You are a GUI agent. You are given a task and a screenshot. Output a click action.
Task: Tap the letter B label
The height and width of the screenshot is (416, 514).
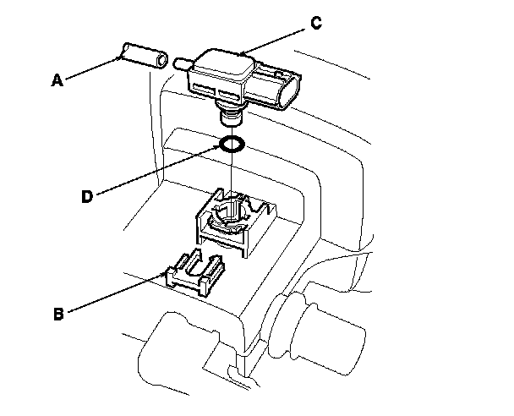point(58,315)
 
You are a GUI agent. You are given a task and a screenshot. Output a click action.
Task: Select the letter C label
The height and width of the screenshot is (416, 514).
point(316,23)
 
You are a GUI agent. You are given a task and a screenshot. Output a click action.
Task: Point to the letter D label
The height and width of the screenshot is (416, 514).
point(86,196)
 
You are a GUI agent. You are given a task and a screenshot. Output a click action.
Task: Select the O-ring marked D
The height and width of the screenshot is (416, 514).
point(232,144)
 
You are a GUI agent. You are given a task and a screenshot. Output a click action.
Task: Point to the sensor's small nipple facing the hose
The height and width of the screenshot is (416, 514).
point(181,62)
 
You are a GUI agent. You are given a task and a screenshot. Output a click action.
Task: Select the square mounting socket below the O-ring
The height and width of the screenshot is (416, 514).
point(232,223)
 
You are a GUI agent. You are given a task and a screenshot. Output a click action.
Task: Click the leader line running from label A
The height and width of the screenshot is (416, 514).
point(90,69)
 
